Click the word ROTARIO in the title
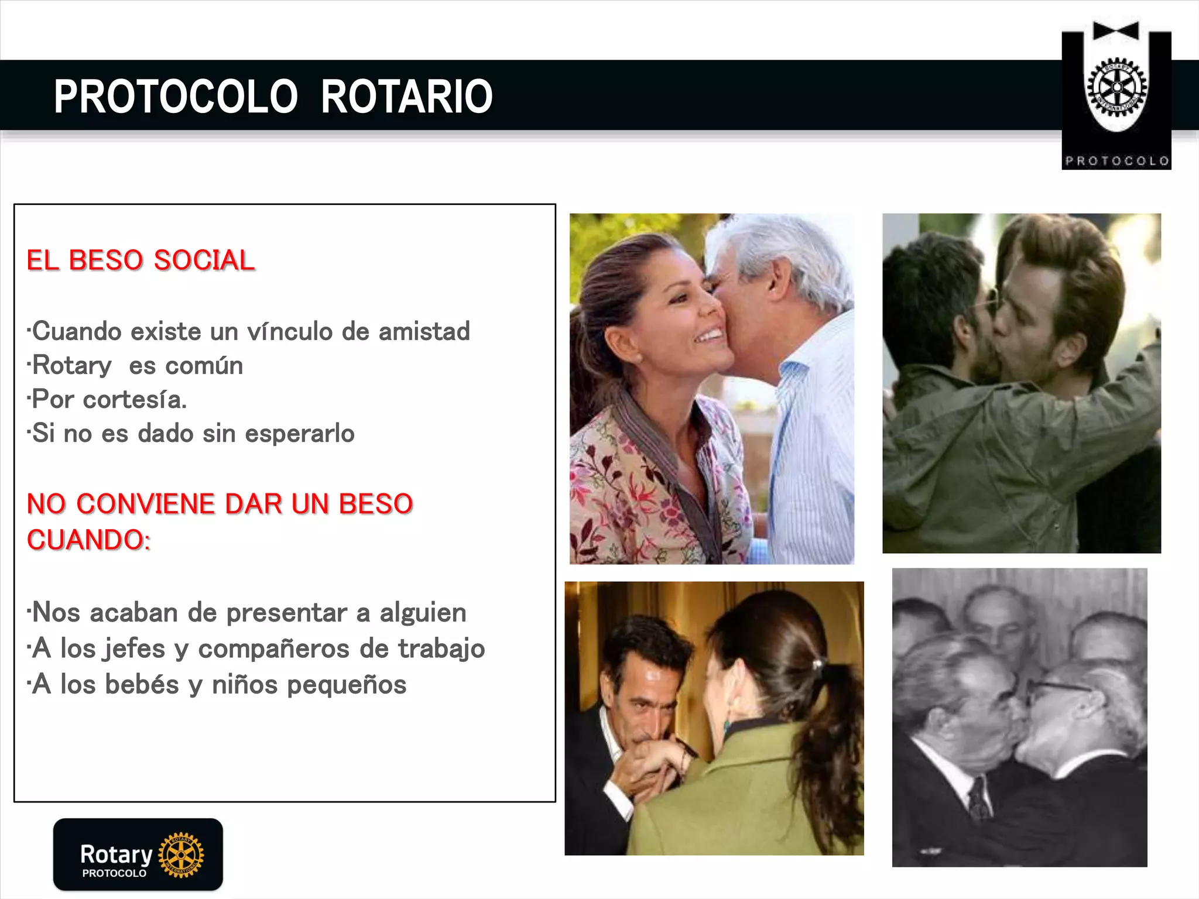pos(406,97)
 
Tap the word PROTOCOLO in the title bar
pos(176,97)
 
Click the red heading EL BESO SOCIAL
pos(141,260)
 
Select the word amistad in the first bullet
pos(424,331)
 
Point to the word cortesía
pos(135,400)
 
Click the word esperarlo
pos(299,434)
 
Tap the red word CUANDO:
pos(88,540)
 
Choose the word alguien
pos(423,613)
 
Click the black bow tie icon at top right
pos(1116,31)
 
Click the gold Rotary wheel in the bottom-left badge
pos(181,855)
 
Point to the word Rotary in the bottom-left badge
pos(116,855)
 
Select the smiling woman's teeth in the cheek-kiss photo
pos(710,335)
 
